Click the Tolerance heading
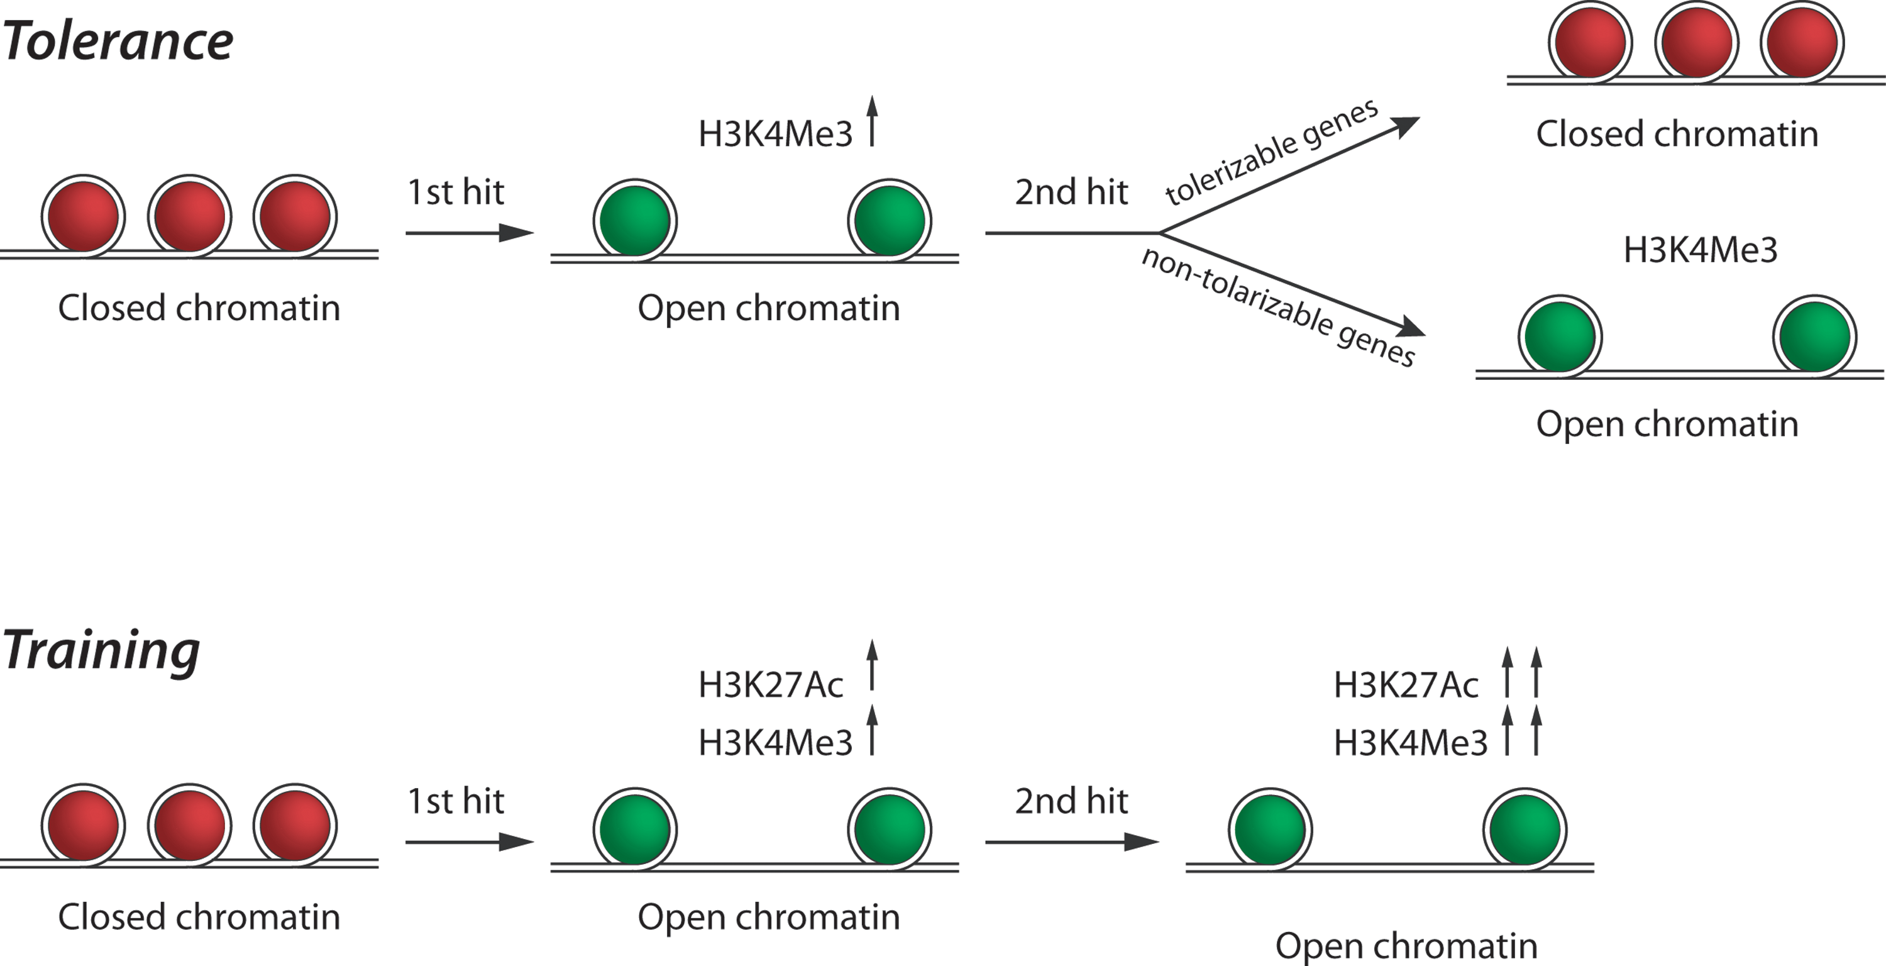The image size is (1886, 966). [x=117, y=40]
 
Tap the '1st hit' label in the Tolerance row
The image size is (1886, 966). [x=455, y=192]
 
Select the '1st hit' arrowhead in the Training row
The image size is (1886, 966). [x=516, y=842]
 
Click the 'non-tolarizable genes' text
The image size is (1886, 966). [x=1278, y=306]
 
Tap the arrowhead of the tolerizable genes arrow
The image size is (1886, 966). [x=1404, y=126]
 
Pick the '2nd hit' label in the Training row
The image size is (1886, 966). [x=1071, y=801]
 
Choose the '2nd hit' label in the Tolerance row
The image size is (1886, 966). [x=1071, y=192]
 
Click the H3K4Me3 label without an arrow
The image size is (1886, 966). [x=1700, y=250]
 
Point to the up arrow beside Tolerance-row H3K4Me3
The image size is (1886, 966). [x=872, y=121]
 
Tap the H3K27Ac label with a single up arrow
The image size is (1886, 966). [x=770, y=686]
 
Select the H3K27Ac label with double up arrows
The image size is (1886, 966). [x=1406, y=686]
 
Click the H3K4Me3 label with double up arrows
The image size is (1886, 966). [x=1411, y=743]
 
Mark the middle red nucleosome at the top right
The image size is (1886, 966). [x=1696, y=41]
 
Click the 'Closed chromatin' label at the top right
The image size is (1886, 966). [x=1677, y=134]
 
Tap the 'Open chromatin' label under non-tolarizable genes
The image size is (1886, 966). [x=1667, y=424]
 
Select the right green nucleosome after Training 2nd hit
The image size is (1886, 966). [x=1525, y=830]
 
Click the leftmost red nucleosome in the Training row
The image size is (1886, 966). [x=83, y=825]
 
